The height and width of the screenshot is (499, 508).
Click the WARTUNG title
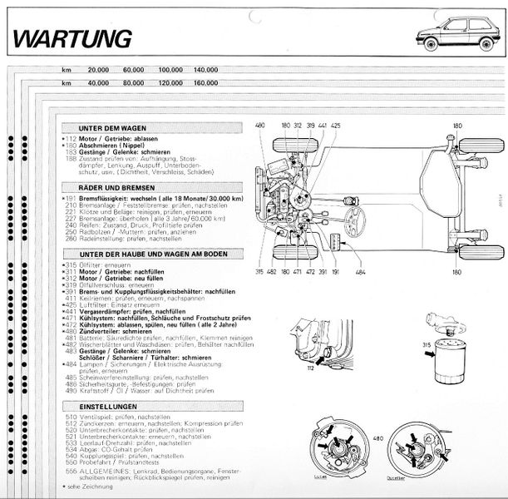coord(73,37)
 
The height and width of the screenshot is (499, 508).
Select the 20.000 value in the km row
coord(97,70)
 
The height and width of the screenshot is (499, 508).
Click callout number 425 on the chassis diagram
coord(336,126)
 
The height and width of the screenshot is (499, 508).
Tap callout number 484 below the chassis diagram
coord(359,271)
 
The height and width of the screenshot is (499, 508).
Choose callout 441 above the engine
coord(322,126)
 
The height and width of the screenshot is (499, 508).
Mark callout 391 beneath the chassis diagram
coord(334,271)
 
